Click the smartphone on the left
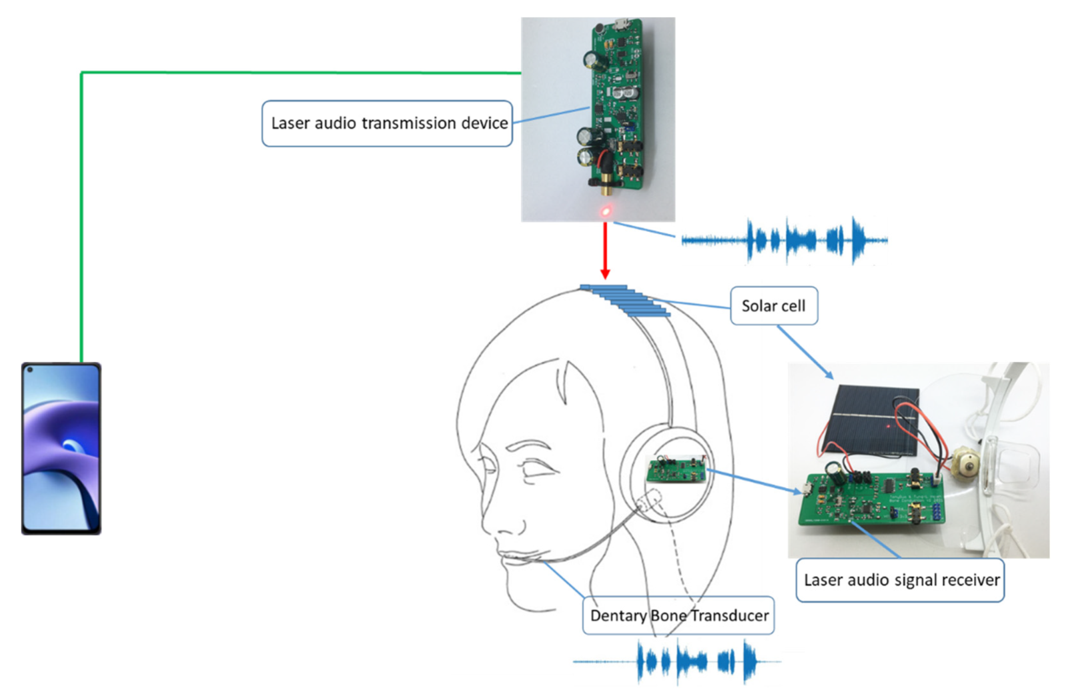(61, 448)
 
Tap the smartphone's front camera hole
(30, 370)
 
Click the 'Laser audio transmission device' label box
(387, 123)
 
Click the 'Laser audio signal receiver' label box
(900, 580)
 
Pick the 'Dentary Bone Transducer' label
(678, 615)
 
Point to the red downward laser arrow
(605, 250)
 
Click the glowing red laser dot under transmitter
(606, 211)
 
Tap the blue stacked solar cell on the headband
(626, 300)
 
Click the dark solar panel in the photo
(874, 421)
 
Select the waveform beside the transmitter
(785, 240)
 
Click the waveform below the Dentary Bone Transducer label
(677, 661)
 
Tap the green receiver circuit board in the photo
(871, 501)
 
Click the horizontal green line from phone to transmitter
(300, 73)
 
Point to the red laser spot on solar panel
(889, 426)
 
